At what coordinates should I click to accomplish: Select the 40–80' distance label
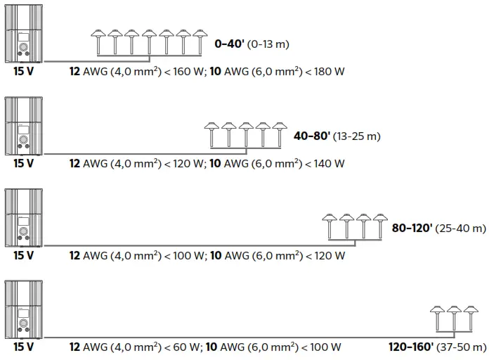tap(312, 136)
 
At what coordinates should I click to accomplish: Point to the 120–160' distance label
tap(411, 347)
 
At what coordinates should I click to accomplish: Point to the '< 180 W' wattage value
tap(323, 72)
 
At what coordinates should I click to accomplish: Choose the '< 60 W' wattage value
tap(180, 347)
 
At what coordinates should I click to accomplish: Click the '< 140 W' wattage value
tap(323, 164)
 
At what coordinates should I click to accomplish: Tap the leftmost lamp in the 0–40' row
tap(99, 41)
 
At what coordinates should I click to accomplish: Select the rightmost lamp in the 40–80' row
tap(280, 133)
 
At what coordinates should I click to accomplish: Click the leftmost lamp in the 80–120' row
tap(328, 225)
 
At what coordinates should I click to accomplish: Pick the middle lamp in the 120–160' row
tap(455, 317)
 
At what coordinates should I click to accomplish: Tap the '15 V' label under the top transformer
tap(23, 72)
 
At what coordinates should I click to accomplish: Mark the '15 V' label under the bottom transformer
tap(23, 347)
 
